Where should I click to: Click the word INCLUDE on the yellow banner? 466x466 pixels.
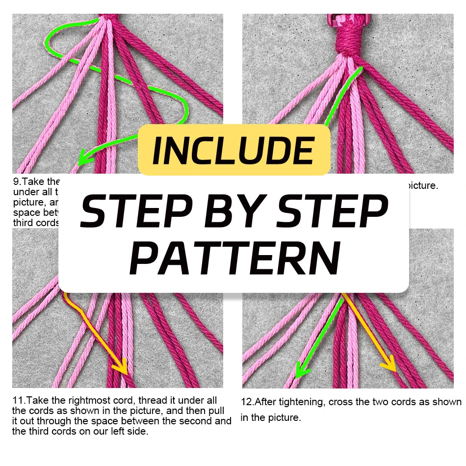tap(233, 151)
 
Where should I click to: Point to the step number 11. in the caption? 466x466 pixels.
tap(19, 401)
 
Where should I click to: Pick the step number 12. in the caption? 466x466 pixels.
tap(247, 402)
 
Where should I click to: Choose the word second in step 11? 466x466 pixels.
tap(199, 421)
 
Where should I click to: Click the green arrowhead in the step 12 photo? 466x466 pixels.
tap(301, 369)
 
